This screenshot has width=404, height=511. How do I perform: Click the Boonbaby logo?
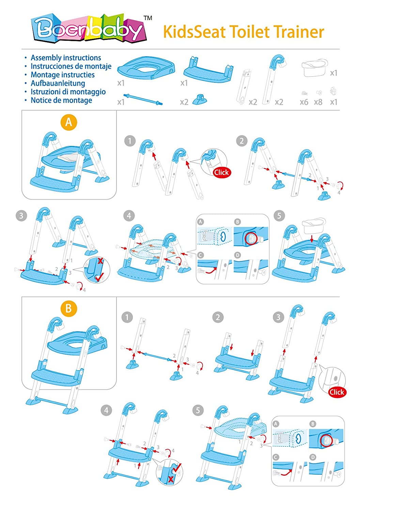click(89, 29)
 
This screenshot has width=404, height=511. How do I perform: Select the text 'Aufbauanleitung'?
click(58, 83)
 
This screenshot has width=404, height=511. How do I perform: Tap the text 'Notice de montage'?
click(61, 100)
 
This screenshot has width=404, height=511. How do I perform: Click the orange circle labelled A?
click(68, 122)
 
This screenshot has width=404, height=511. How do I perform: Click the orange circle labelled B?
click(68, 309)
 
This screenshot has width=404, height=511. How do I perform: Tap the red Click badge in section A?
click(221, 172)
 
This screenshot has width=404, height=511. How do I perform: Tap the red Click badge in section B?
click(337, 392)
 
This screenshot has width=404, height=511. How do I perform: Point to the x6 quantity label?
click(304, 102)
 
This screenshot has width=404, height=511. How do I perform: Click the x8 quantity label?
click(318, 102)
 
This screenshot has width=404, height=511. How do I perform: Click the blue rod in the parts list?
click(143, 99)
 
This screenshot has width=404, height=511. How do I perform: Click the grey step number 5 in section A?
click(279, 216)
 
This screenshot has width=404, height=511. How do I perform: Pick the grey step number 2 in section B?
click(218, 318)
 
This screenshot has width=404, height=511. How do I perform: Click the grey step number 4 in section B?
click(106, 410)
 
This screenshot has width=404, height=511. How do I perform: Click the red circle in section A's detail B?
click(252, 238)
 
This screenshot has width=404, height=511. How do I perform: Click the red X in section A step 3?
click(100, 261)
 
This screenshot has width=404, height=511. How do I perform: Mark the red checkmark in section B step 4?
click(177, 468)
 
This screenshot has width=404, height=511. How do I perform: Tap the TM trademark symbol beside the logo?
click(148, 18)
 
